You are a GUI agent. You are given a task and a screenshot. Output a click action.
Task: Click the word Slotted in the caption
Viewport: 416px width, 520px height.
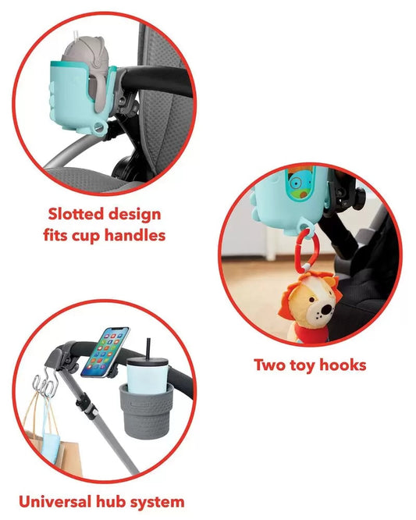click(x=74, y=214)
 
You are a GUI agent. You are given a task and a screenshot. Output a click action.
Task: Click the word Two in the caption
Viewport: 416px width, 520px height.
click(x=272, y=365)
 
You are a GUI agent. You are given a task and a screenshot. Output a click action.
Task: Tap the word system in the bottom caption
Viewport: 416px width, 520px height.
click(x=163, y=501)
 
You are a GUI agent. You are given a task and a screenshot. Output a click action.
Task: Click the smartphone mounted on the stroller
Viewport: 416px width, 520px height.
click(x=105, y=350)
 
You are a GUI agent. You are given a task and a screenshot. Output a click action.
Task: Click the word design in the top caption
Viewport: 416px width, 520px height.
click(x=132, y=214)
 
